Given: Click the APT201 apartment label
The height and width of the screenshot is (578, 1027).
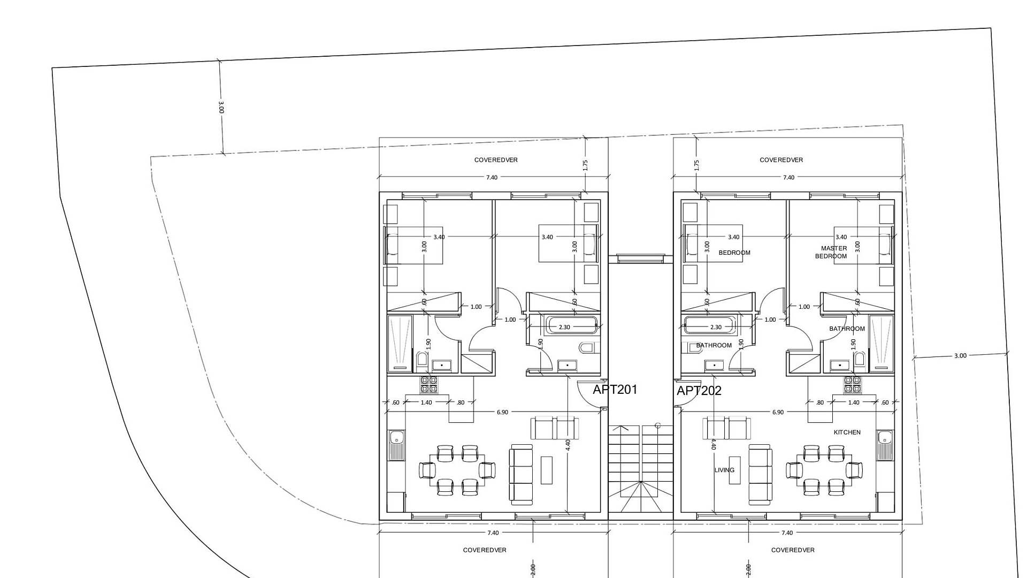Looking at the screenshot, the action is (x=615, y=390).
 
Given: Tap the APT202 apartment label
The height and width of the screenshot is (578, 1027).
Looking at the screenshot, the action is (x=699, y=391).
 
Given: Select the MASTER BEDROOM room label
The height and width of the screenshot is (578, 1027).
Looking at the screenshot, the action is (x=832, y=252).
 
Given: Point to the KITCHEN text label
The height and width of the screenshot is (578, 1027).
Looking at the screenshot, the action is (x=847, y=432).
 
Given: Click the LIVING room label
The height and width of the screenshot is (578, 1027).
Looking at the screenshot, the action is (x=724, y=470).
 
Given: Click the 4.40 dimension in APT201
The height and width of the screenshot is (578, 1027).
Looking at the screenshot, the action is (x=568, y=445).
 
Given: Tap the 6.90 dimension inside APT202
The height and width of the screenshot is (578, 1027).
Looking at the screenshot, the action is (x=778, y=412).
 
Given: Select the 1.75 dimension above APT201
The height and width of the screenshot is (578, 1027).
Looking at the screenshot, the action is (x=586, y=165).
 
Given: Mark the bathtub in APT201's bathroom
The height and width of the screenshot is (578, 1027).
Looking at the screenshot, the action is (x=571, y=325).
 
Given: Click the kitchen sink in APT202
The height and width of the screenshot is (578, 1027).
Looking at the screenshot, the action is (x=885, y=445).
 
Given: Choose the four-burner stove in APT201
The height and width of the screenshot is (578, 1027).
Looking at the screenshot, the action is (x=429, y=384).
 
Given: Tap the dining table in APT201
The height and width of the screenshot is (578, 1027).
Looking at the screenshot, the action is (x=458, y=470).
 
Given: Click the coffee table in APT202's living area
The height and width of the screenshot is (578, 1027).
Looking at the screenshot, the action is (x=735, y=470).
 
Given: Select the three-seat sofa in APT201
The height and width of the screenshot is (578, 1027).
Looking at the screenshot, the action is (x=522, y=474).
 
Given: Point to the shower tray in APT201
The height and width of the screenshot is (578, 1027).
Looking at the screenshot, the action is (x=400, y=343).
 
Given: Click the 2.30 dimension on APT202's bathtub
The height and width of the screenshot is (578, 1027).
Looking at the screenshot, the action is (x=716, y=327).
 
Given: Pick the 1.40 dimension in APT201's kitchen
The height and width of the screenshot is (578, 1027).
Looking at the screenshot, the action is (x=426, y=402).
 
